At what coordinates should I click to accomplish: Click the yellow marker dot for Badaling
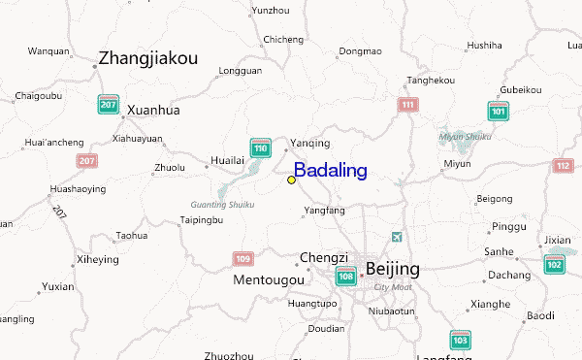291,180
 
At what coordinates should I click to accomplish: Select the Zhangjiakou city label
147,58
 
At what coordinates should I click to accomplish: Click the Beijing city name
392,268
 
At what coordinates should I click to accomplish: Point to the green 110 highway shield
259,147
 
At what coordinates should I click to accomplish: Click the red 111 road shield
408,104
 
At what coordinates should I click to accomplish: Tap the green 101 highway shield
499,111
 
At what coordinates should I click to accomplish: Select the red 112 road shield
563,166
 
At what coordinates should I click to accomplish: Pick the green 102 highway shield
554,264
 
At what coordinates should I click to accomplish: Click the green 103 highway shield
460,340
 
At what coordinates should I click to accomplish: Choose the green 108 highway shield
345,277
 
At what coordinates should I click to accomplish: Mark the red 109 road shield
242,259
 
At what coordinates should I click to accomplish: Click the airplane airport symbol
395,237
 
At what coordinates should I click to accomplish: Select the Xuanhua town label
153,110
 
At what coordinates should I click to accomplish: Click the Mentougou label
269,279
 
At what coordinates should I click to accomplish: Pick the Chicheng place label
283,39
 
